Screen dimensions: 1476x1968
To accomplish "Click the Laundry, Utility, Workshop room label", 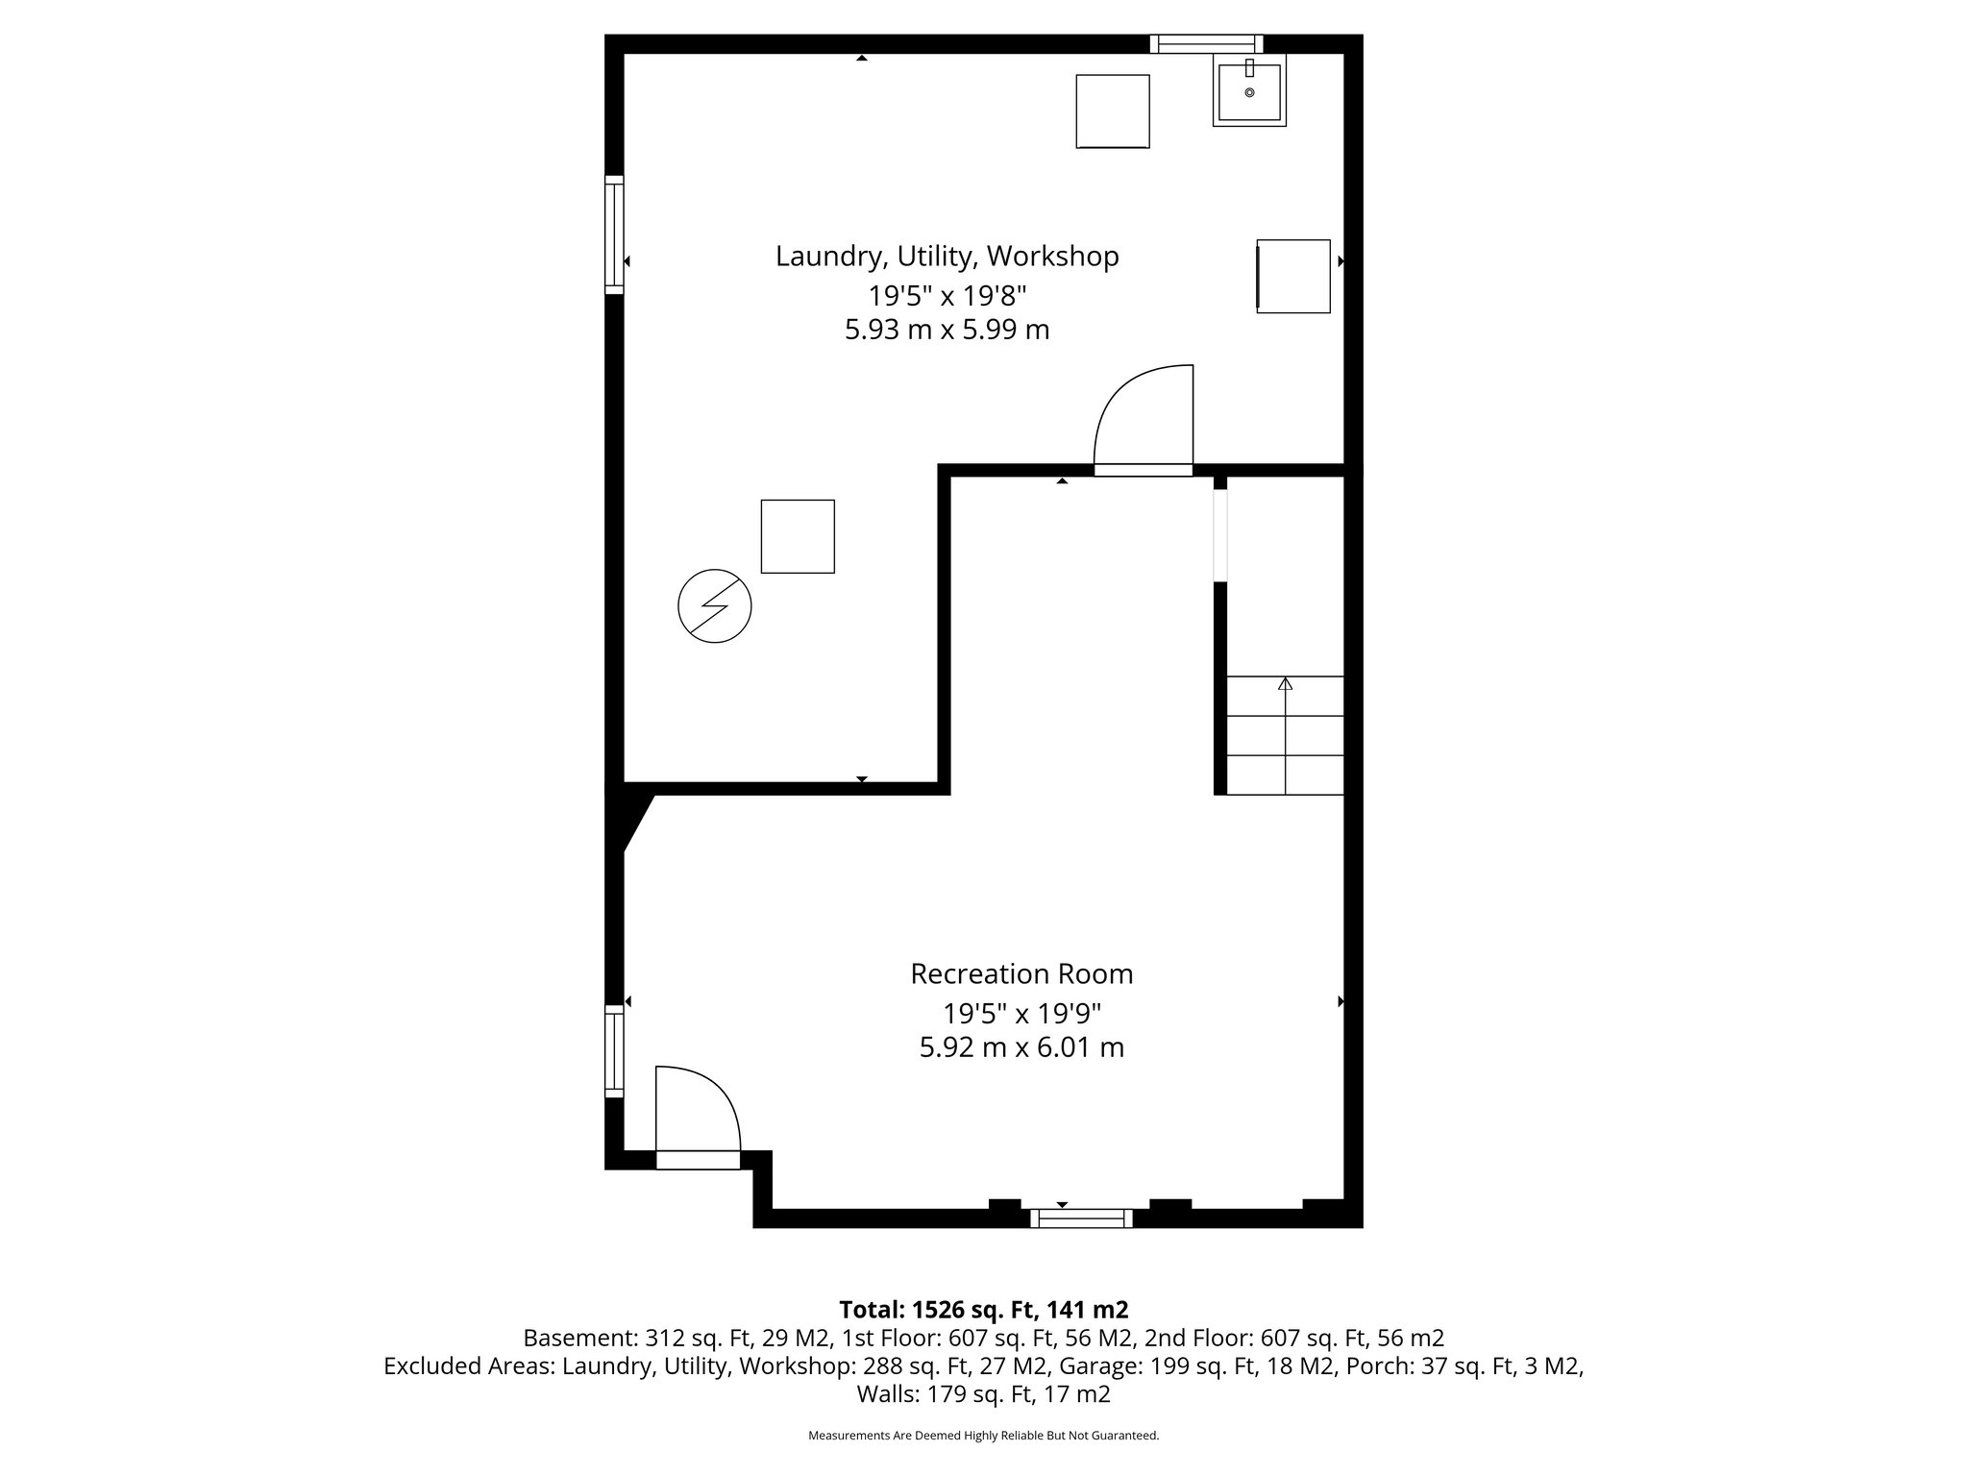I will point(947,257).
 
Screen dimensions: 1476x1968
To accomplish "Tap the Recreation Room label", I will point(1021,974).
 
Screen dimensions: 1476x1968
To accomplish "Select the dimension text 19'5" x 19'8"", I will point(947,294).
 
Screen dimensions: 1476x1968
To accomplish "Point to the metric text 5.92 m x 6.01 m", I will point(1021,1047).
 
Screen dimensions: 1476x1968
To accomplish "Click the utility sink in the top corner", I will point(1248,92).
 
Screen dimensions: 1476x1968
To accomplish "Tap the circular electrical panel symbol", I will point(714,607).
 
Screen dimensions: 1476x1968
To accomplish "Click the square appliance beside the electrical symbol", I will point(798,536).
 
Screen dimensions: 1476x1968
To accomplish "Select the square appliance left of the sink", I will point(1112,111).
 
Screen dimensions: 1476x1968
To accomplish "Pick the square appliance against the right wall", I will point(1293,277).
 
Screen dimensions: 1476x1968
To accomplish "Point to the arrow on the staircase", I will point(1285,685).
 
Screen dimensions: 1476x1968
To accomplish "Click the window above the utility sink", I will point(1206,43).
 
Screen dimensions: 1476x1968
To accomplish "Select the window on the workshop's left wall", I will point(614,234).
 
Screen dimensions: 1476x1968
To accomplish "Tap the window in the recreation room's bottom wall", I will point(1081,1218).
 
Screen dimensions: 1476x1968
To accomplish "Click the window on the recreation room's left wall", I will point(614,1051).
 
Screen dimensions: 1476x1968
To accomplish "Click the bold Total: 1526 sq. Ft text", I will point(983,1310).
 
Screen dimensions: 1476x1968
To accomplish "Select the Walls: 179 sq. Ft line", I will point(983,1393).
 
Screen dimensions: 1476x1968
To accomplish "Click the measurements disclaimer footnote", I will point(983,1436).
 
